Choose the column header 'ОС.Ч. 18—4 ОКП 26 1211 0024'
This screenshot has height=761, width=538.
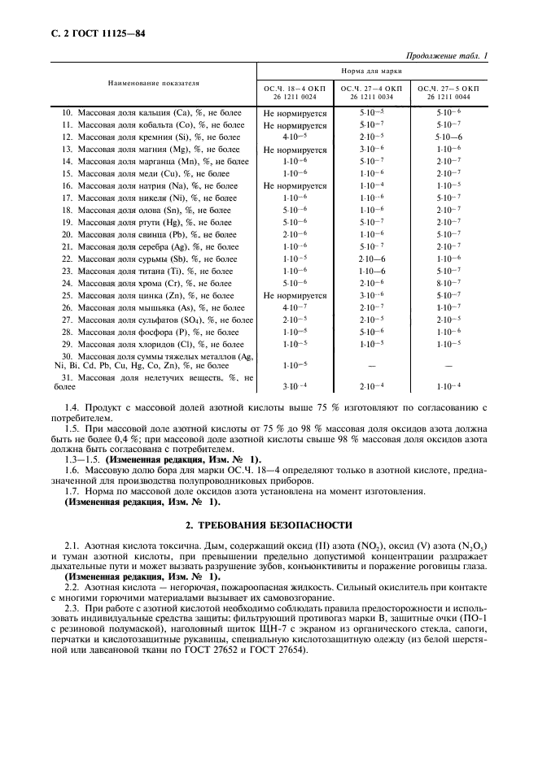pyautogui.click(x=294, y=91)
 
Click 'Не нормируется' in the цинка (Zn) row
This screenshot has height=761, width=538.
pyautogui.click(x=295, y=296)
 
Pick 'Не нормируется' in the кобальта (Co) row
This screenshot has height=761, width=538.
pyautogui.click(x=295, y=126)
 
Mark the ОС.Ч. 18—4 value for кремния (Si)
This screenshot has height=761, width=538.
pyautogui.click(x=295, y=137)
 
